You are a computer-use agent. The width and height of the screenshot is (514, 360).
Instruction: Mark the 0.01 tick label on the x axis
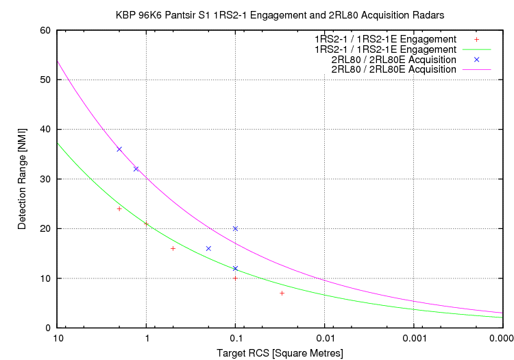point(325,338)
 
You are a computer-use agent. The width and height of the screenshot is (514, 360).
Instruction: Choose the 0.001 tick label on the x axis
point(413,338)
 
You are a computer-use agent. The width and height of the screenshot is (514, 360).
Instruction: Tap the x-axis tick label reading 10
point(59,338)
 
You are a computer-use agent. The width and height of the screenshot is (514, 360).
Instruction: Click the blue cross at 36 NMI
point(119,149)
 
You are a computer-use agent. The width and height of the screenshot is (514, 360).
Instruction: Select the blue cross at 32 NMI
point(136,169)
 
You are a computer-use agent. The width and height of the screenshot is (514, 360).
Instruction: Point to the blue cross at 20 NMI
point(235,228)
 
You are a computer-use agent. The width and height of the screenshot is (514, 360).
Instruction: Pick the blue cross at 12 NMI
point(235,268)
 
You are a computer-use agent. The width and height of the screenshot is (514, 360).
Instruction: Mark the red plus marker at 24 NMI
point(119,208)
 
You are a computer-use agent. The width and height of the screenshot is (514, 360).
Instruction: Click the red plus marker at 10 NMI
point(235,278)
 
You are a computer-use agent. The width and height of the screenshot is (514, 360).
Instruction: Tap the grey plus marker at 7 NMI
point(282,293)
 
